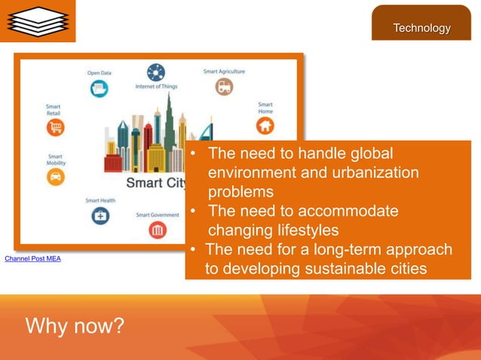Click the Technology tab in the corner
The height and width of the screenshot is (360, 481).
coord(421,28)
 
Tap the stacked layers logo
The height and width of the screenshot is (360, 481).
coord(37,20)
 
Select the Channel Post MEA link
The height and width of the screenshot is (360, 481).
coord(32,259)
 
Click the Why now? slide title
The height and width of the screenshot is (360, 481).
coord(75,327)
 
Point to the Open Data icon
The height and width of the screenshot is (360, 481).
coord(99,89)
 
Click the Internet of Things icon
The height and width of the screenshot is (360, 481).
coord(156,72)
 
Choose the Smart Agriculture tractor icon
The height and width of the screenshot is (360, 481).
coord(224,87)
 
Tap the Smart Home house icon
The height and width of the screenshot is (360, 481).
coord(265,125)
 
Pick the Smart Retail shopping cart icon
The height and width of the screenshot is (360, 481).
coord(55,127)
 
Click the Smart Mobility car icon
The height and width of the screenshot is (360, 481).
coord(55,177)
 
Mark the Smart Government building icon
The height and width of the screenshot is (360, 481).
coord(158,229)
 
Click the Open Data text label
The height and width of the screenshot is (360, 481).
coord(99,73)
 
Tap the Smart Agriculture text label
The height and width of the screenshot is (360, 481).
coord(224,72)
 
